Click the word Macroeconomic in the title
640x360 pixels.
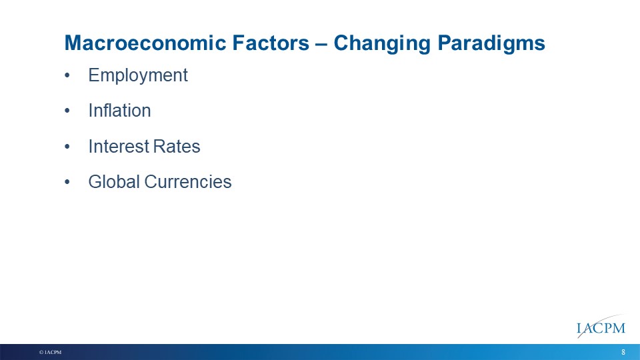[x=145, y=43]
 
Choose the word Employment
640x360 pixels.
[x=138, y=76]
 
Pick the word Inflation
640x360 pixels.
[x=119, y=111]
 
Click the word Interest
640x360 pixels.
[x=115, y=147]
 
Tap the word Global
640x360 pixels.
[x=114, y=182]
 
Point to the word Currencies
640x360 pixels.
[x=188, y=182]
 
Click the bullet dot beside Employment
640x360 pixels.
[x=67, y=76]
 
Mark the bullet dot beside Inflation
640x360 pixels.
[x=67, y=111]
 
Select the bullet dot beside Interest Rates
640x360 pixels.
[x=67, y=147]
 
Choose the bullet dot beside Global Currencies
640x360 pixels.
[x=67, y=183]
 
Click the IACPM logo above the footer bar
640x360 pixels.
[x=601, y=327]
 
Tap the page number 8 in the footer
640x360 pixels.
[x=623, y=352]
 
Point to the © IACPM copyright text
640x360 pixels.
[x=50, y=352]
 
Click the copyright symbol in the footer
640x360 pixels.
[x=41, y=352]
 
